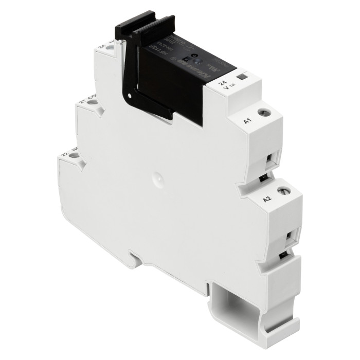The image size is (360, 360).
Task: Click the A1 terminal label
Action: [246, 121]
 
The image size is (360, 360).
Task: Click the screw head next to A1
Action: [263, 112]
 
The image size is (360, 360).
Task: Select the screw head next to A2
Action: [282, 191]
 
